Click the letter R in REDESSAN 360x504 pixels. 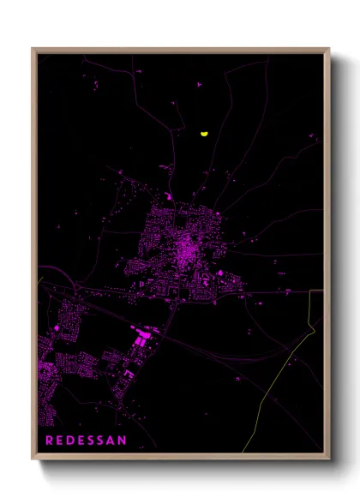coord(49,440)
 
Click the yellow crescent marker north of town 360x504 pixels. coord(204,134)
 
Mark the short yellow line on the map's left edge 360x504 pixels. coord(40,279)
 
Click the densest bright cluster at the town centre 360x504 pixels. coord(185,249)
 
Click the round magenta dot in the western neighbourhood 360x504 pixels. coord(57,327)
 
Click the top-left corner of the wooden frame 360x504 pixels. coord(33,49)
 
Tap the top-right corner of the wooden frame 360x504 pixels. coord(329,49)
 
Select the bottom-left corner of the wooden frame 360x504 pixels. coord(33,459)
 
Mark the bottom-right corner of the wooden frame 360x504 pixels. coord(329,459)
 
